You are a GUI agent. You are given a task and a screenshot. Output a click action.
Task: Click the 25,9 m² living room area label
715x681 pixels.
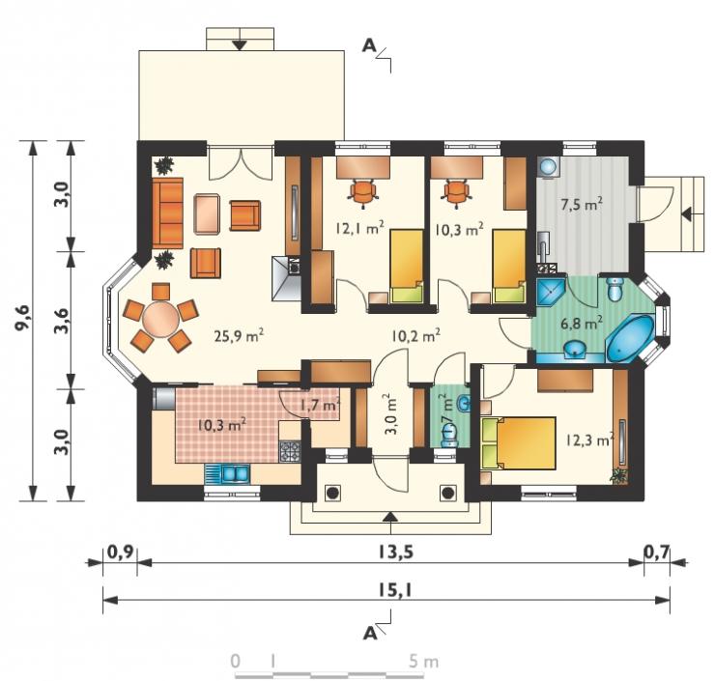pyautogui.click(x=240, y=336)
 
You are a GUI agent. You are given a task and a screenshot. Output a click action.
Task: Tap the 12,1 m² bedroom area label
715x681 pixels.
pyautogui.click(x=359, y=227)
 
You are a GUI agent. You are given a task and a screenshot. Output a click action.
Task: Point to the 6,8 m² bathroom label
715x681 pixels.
pyautogui.click(x=581, y=325)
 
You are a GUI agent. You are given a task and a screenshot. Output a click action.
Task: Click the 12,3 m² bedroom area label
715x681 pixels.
pyautogui.click(x=589, y=440)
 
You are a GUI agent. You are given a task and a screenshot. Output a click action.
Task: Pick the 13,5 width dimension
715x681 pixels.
pyautogui.click(x=395, y=552)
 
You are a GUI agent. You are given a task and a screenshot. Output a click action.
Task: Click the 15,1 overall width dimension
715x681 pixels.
pyautogui.click(x=395, y=590)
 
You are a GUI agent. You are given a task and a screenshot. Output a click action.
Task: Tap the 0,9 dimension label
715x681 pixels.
pyautogui.click(x=120, y=552)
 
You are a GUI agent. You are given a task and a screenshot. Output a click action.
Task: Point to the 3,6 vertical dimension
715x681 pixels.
pyautogui.click(x=62, y=321)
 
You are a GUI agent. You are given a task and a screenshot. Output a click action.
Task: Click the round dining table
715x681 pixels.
pyautogui.click(x=160, y=319)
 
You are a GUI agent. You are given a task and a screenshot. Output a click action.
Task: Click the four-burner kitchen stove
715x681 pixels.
pyautogui.click(x=290, y=451)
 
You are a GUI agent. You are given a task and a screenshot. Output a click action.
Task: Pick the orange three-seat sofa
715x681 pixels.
pyautogui.click(x=167, y=213)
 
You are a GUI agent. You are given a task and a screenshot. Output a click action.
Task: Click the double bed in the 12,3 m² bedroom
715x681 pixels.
pyautogui.click(x=519, y=443)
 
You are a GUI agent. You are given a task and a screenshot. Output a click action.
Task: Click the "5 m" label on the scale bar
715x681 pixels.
pyautogui.click(x=423, y=662)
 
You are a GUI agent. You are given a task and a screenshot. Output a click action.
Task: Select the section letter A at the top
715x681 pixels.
pyautogui.click(x=370, y=45)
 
